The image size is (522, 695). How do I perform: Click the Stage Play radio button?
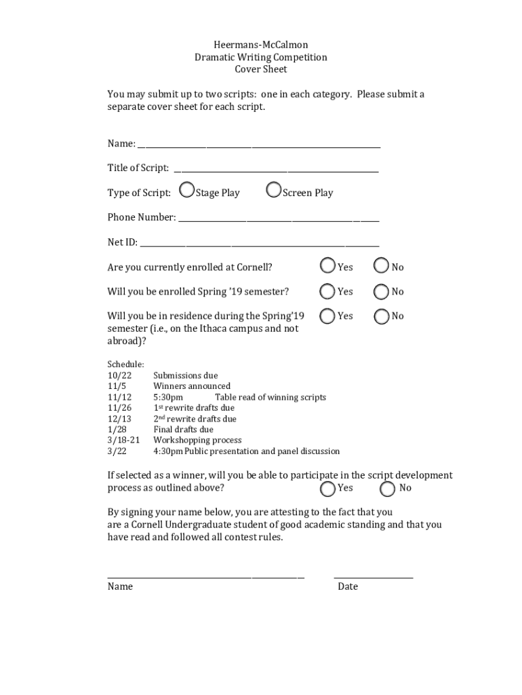(x=188, y=191)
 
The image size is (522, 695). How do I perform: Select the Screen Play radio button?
(x=274, y=191)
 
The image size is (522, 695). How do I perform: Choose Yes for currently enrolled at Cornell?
(x=328, y=265)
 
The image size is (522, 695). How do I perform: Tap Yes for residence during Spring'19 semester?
(x=328, y=316)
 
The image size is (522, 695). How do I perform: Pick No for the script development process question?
(x=388, y=488)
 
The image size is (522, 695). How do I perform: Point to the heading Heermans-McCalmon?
(x=260, y=45)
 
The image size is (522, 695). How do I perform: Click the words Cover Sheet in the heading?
(x=260, y=69)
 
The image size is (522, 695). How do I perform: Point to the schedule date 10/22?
(x=119, y=375)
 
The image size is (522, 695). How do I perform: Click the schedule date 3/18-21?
(x=123, y=440)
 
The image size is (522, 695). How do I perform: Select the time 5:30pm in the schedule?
(x=168, y=397)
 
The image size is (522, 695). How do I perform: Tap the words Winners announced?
(x=192, y=386)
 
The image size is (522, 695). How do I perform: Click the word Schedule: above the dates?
(x=125, y=364)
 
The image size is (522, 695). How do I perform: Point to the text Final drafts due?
(x=183, y=430)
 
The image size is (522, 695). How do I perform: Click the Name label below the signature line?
(x=120, y=586)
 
